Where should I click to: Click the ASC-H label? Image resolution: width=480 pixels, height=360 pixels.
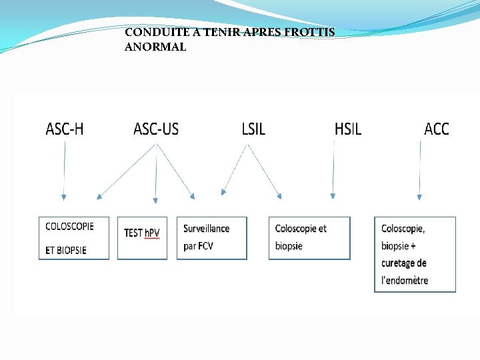click(x=65, y=129)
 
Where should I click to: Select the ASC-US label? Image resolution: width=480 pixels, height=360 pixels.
click(x=156, y=129)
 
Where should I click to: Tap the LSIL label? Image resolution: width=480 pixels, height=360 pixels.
click(x=253, y=129)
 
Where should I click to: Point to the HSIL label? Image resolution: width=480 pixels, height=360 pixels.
click(x=347, y=129)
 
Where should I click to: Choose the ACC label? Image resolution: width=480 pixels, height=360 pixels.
click(x=437, y=129)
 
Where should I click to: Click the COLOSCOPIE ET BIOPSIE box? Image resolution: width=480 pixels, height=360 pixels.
click(x=73, y=238)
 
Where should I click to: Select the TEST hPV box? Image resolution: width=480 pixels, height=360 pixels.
click(x=142, y=238)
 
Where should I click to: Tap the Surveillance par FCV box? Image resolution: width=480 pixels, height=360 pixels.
click(x=211, y=238)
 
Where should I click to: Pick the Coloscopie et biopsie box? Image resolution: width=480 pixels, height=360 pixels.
click(x=309, y=238)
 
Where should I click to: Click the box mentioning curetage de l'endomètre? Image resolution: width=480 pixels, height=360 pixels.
click(x=415, y=254)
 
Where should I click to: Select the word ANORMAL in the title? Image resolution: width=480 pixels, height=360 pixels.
click(x=155, y=47)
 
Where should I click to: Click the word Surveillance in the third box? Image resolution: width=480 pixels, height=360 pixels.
click(x=207, y=229)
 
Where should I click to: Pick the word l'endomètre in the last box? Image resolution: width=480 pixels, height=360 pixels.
click(x=405, y=281)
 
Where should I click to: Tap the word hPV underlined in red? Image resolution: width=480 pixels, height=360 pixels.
click(x=152, y=233)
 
